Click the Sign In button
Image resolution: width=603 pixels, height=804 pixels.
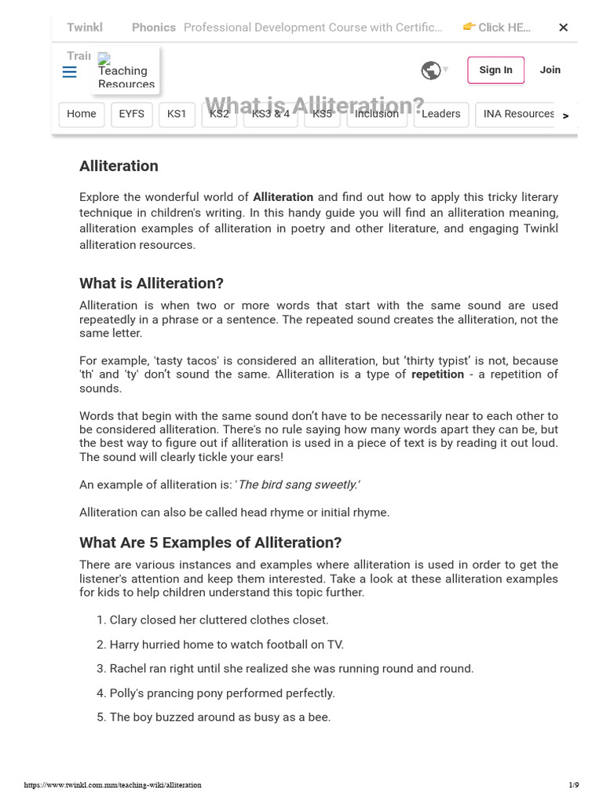[495, 70]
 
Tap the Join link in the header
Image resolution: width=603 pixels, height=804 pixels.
[550, 70]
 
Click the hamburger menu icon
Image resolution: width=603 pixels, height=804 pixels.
[69, 72]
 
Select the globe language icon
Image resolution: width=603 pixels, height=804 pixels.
[430, 71]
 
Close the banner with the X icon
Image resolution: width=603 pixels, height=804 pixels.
[563, 27]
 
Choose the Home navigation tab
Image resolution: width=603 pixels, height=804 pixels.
[81, 114]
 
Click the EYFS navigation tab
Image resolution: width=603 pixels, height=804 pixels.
[131, 114]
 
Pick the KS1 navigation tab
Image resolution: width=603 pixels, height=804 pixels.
[177, 114]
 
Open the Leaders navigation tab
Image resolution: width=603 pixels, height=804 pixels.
[441, 114]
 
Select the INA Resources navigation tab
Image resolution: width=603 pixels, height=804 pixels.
[518, 114]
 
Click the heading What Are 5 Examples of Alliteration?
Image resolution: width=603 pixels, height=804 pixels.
[210, 543]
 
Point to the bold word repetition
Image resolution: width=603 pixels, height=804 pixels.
[437, 375]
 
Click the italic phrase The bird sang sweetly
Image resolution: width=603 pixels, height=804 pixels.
[298, 485]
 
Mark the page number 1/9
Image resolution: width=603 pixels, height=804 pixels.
[573, 785]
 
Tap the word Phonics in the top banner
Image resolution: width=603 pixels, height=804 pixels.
[153, 27]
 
